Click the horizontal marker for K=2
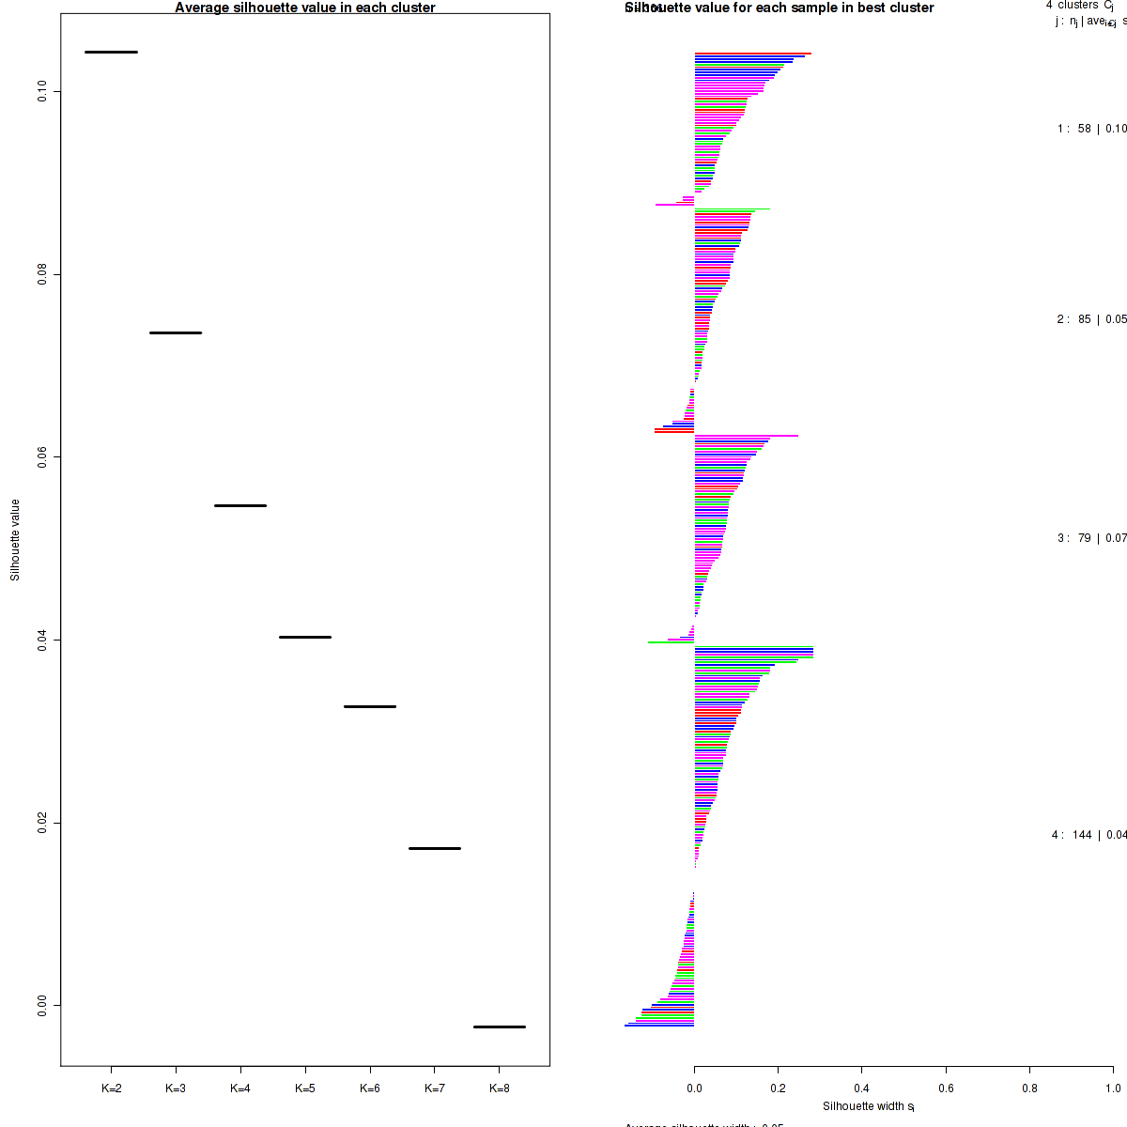pos(111,52)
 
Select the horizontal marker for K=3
pos(176,332)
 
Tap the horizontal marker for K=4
pos(240,505)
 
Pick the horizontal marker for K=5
pos(305,637)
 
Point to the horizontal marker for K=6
pos(370,706)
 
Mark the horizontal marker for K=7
pos(435,848)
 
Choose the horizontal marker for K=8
pos(500,1027)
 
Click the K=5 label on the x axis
pos(305,1088)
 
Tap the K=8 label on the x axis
pos(500,1088)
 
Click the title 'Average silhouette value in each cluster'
pos(305,8)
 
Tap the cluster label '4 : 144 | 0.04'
pos(1088,835)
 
